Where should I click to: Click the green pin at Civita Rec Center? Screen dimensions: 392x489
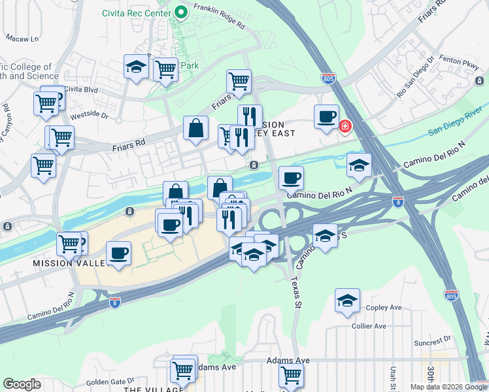pos(181,12)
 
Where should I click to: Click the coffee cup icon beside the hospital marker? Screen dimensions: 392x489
pos(326,116)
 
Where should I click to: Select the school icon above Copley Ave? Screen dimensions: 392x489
pos(347,300)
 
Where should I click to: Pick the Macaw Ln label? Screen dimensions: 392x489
pos(23,39)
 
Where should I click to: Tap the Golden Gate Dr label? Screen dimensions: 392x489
pos(109,380)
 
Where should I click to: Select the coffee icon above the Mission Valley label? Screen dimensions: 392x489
pos(118,253)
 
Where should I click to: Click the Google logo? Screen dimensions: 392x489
pos(22,384)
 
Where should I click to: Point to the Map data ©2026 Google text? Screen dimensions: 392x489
pos(448,387)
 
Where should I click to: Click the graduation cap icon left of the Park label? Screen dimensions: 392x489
pos(137,67)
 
